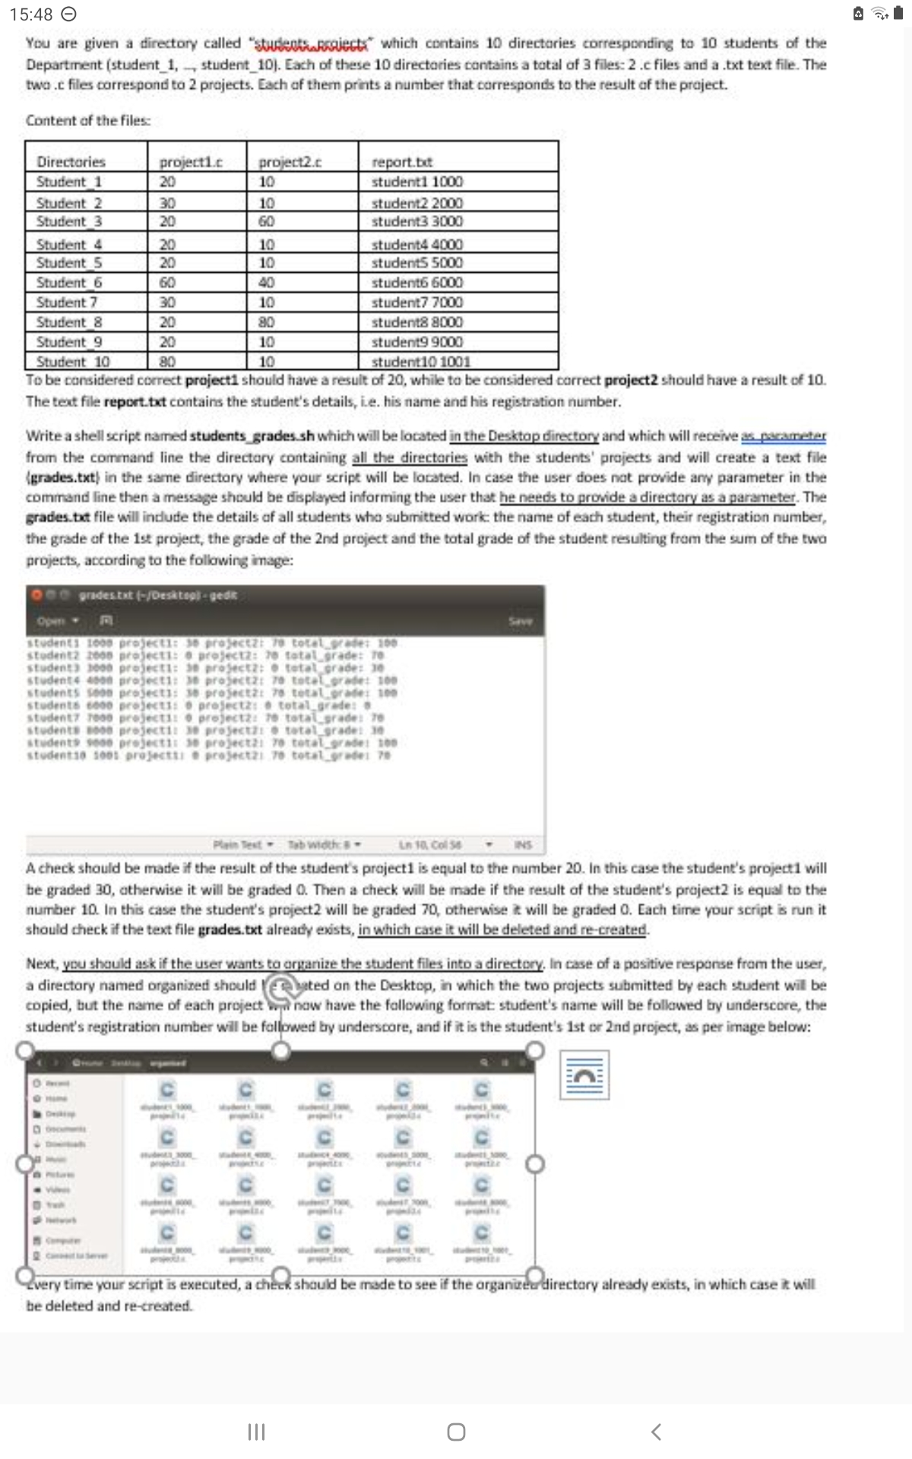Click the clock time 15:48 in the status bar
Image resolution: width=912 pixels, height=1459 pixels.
pyautogui.click(x=32, y=14)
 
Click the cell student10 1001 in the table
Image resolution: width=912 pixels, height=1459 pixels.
pyautogui.click(x=421, y=362)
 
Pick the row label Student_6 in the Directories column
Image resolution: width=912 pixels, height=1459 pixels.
pyautogui.click(x=69, y=283)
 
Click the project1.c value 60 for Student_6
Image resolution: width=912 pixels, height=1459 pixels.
pyautogui.click(x=167, y=283)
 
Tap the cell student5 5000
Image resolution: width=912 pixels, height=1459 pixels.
pyautogui.click(x=416, y=263)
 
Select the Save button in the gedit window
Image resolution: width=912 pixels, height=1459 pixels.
pyautogui.click(x=521, y=621)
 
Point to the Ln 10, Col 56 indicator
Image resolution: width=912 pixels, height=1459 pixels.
pyautogui.click(x=430, y=844)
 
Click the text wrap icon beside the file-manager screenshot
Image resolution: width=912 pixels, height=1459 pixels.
pyautogui.click(x=584, y=1074)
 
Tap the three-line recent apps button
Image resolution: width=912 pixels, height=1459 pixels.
pyautogui.click(x=256, y=1432)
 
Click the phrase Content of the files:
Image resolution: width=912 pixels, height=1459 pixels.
pyautogui.click(x=88, y=121)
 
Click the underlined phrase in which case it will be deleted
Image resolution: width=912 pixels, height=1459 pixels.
pyautogui.click(x=502, y=929)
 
